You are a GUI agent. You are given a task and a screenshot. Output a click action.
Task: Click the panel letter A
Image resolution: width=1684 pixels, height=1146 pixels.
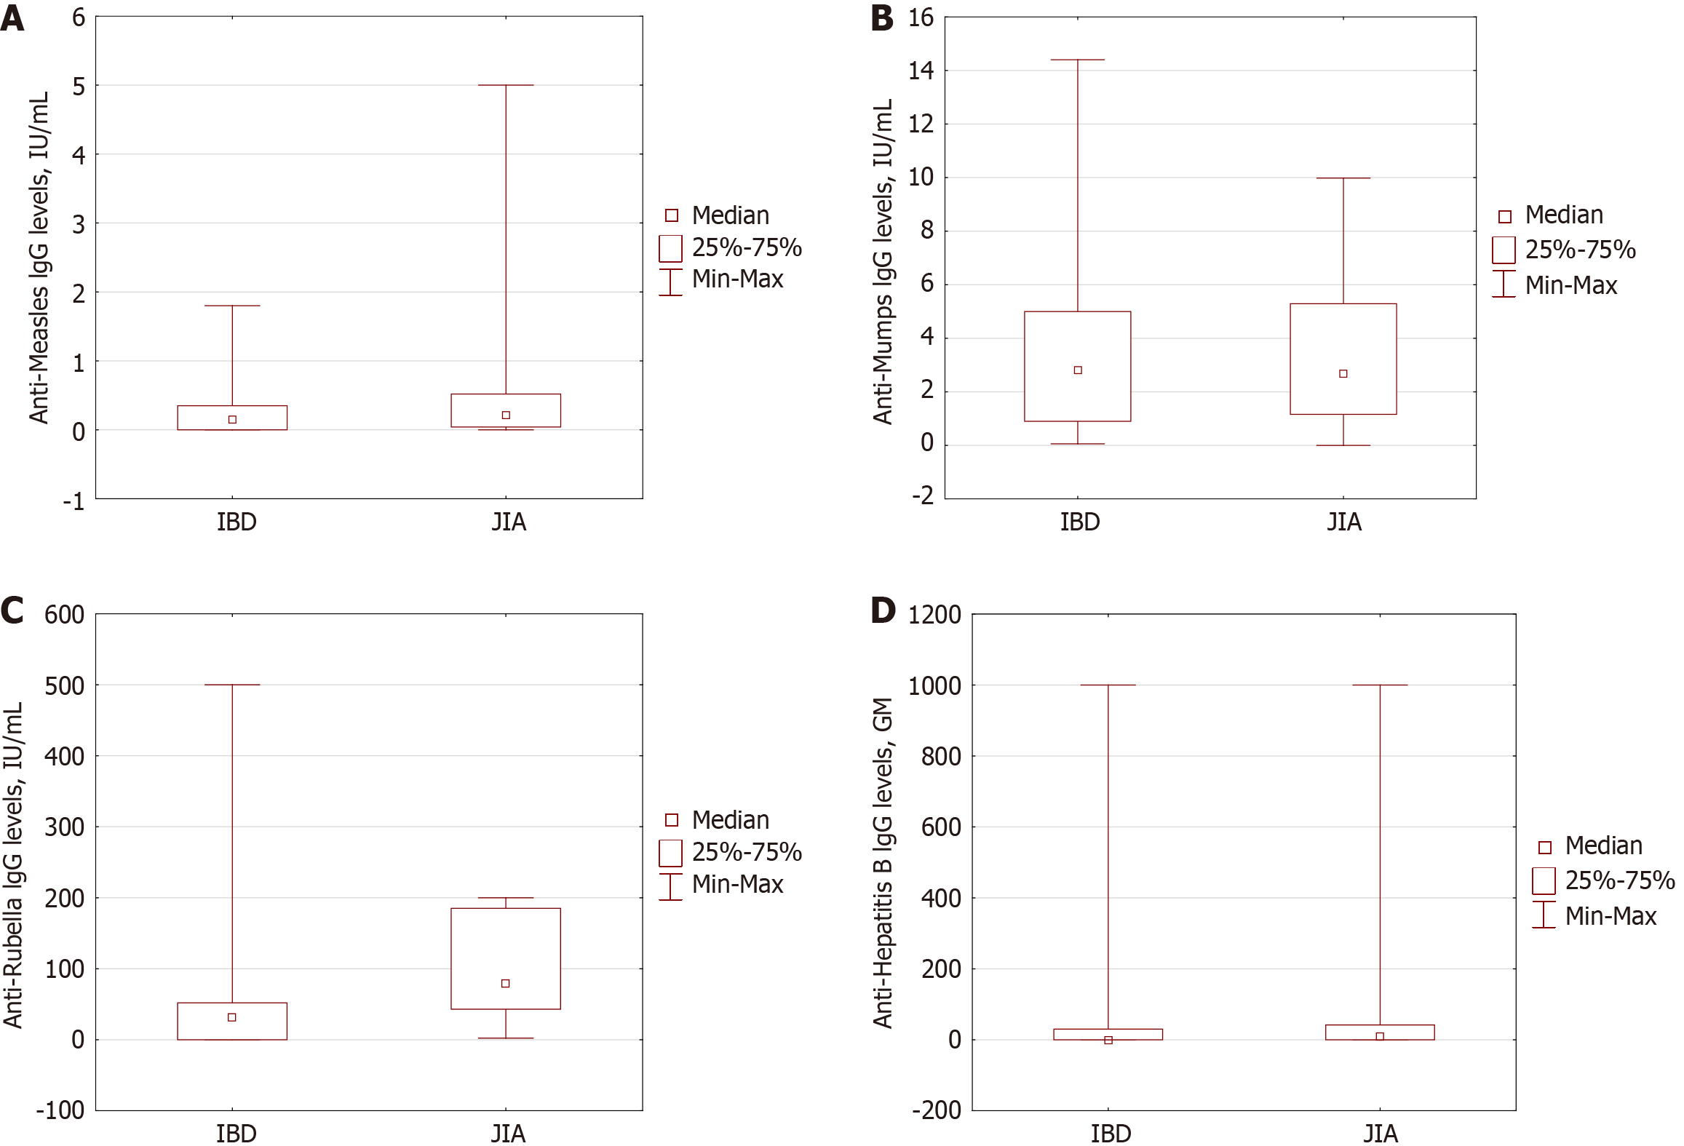(12, 18)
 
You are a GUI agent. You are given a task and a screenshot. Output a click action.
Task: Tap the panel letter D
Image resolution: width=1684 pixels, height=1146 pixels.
(883, 610)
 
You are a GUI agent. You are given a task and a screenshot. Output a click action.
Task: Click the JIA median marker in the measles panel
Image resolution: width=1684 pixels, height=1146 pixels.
(506, 415)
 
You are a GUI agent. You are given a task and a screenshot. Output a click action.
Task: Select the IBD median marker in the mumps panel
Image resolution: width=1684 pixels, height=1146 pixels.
(1078, 370)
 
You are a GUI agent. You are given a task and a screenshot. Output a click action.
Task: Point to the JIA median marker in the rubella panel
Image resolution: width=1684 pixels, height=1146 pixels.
(506, 983)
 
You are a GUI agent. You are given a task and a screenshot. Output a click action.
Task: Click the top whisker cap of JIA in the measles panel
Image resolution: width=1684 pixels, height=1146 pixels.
(506, 85)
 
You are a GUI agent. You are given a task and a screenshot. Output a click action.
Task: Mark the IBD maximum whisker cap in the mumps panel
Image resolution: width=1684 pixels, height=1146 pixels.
(1078, 60)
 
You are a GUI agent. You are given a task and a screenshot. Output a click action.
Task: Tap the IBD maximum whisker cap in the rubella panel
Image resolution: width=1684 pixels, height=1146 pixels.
(232, 685)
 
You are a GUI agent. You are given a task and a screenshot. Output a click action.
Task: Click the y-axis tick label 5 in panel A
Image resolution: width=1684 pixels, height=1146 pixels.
(79, 87)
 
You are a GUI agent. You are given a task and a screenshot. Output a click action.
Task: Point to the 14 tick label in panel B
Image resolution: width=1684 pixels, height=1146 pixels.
(921, 71)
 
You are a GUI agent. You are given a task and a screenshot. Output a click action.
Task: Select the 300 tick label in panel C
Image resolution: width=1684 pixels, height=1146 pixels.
(64, 827)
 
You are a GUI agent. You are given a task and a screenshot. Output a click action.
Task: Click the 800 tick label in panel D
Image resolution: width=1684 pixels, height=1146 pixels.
(941, 757)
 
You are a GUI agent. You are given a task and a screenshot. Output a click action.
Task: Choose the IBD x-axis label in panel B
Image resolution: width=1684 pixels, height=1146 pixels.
(1079, 522)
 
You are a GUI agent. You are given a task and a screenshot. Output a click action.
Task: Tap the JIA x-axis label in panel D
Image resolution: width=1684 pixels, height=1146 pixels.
(1380, 1134)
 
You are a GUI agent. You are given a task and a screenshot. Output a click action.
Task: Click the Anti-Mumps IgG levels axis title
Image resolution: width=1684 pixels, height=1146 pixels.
(883, 262)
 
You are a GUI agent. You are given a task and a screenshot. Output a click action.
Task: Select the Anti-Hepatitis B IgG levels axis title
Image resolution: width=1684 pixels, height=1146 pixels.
(883, 862)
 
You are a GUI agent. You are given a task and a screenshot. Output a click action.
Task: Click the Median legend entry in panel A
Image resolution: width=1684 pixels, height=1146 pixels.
(730, 215)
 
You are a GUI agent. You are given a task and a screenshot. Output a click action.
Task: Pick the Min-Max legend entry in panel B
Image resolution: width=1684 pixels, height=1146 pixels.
(1570, 285)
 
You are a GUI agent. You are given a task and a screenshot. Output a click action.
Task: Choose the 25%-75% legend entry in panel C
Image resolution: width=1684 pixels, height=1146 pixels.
(747, 852)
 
